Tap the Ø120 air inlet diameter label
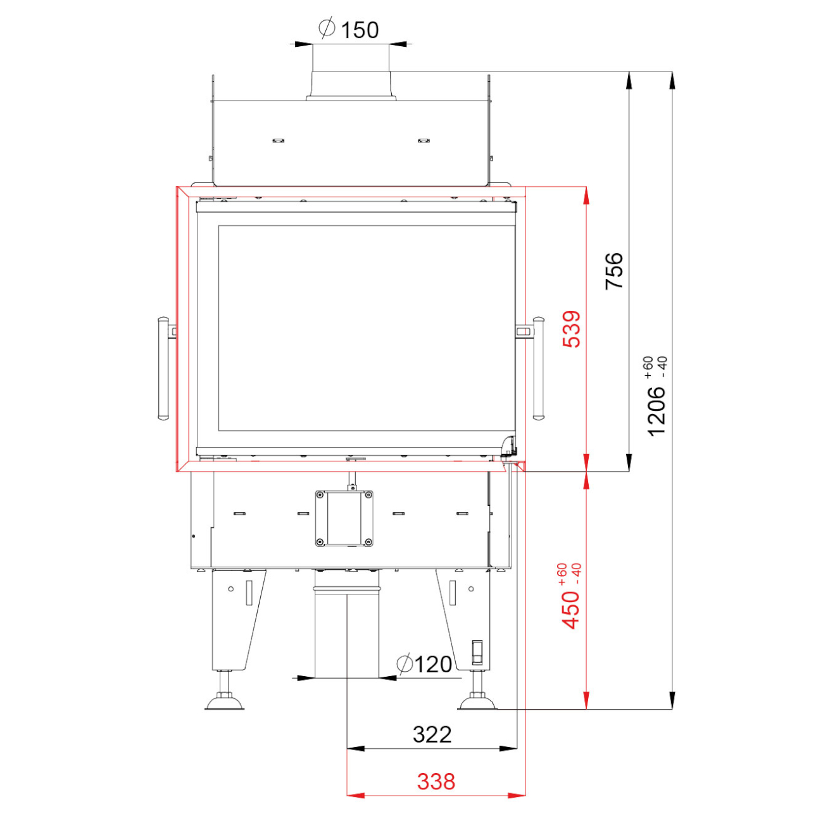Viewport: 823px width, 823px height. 424,664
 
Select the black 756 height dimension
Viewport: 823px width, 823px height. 614,271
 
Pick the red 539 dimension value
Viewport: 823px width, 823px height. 572,329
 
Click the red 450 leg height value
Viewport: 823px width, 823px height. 571,610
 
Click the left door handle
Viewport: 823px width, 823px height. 163,368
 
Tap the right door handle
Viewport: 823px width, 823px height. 539,368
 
